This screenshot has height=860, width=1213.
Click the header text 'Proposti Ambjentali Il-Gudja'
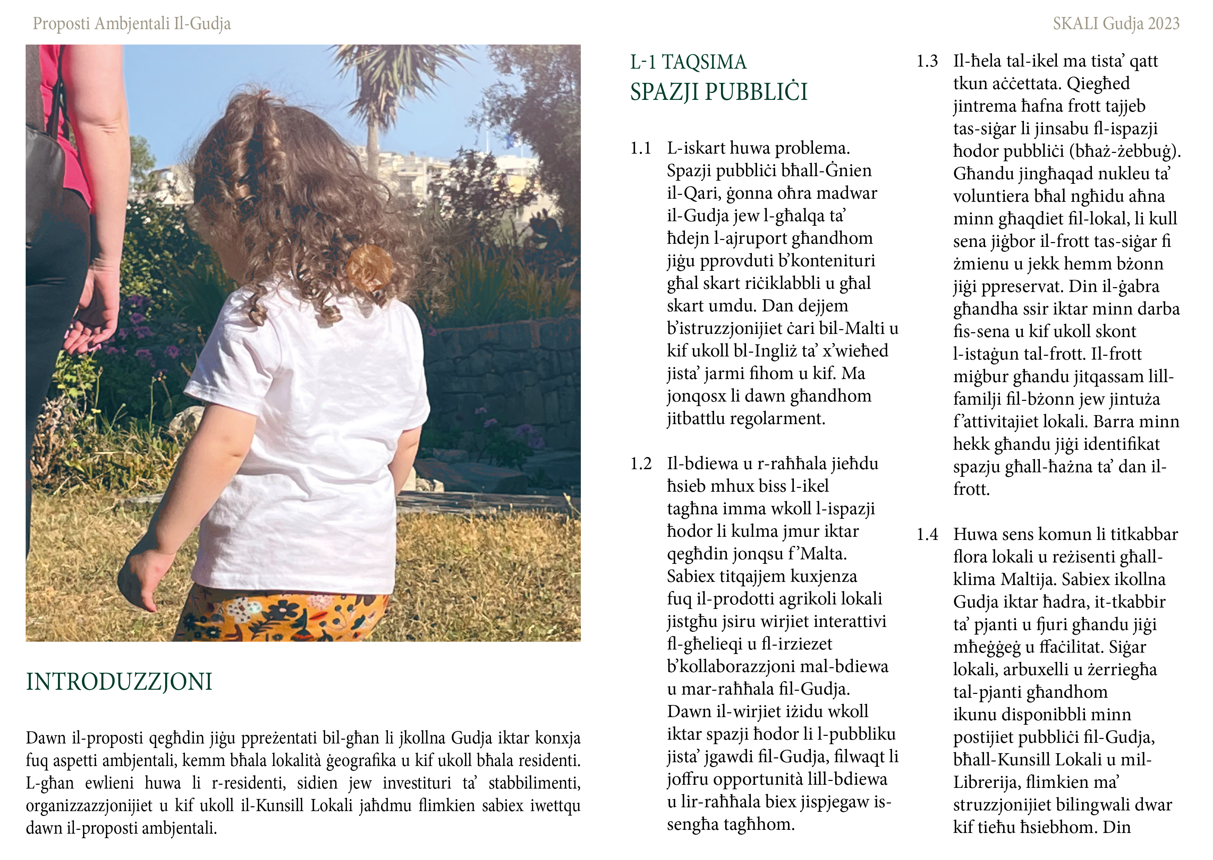click(132, 24)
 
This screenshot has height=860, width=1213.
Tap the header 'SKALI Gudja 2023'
click(1116, 24)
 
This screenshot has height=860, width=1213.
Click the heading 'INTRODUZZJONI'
click(119, 682)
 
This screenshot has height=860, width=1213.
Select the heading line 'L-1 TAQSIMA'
click(688, 62)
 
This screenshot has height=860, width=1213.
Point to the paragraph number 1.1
click(641, 149)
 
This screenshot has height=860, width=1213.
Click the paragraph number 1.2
click(641, 464)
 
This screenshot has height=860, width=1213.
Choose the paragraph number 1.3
click(927, 61)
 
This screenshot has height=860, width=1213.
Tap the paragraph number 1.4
click(927, 535)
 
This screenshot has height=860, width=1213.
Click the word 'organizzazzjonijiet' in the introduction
click(89, 806)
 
